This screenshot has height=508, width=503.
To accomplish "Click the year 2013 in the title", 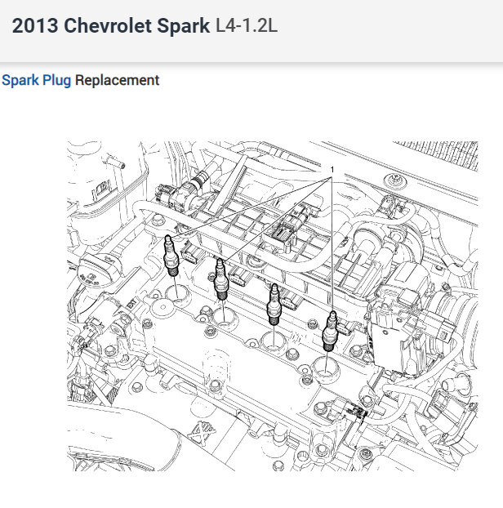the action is [x=35, y=26].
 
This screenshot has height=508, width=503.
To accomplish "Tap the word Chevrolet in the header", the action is [x=108, y=26].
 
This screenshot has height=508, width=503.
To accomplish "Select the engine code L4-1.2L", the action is [x=246, y=26].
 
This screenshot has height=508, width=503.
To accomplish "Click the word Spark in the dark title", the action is [x=184, y=27].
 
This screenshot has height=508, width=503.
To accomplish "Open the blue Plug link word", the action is [x=56, y=81].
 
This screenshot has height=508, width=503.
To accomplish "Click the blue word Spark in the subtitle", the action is [x=20, y=81].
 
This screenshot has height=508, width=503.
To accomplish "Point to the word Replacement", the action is [x=117, y=81].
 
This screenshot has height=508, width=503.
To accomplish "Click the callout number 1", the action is [x=332, y=170].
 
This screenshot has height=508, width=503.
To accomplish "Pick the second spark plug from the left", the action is [x=222, y=279].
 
